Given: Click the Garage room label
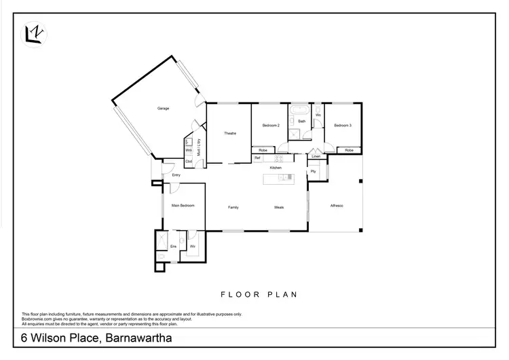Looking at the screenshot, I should pyautogui.click(x=163, y=109).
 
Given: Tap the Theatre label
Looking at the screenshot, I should pyautogui.click(x=229, y=133).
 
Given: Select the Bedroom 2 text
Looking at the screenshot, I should pyautogui.click(x=270, y=126).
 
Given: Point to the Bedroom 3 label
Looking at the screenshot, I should pyautogui.click(x=342, y=126).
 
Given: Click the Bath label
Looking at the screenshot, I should pyautogui.click(x=301, y=122).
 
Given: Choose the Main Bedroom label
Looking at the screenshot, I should pyautogui.click(x=183, y=205).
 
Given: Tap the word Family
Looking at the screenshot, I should pyautogui.click(x=233, y=206).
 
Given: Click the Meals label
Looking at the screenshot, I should pyautogui.click(x=278, y=206).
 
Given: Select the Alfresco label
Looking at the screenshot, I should pyautogui.click(x=337, y=206).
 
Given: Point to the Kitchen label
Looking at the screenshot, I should pyautogui.click(x=276, y=168).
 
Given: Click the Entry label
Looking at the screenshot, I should pyautogui.click(x=175, y=175).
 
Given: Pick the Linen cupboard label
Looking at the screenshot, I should pyautogui.click(x=316, y=157).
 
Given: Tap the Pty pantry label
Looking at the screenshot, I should pyautogui.click(x=313, y=171).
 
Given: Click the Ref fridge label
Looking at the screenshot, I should pyautogui.click(x=257, y=158).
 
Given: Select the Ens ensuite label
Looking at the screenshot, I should pyautogui.click(x=172, y=245).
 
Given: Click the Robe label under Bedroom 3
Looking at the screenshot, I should pyautogui.click(x=349, y=150).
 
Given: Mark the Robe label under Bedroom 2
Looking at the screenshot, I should pyautogui.click(x=263, y=150).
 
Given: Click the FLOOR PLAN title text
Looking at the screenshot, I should pyautogui.click(x=260, y=295).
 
